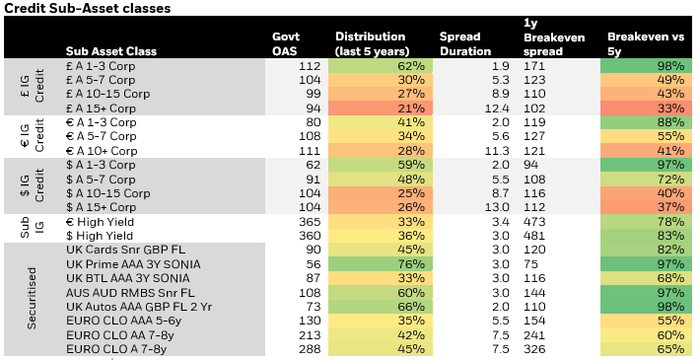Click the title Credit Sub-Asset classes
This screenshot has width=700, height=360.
pos(87,9)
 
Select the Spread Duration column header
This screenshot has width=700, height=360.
pos(465,44)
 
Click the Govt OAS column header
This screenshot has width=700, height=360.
pos(286,44)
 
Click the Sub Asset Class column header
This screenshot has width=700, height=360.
pos(111,51)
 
